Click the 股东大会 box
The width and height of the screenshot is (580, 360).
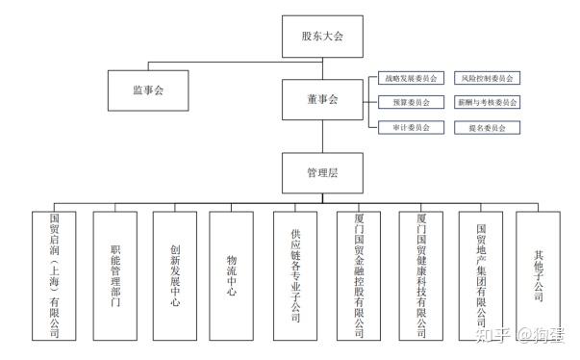click(x=322, y=37)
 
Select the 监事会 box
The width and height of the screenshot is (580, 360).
click(x=148, y=90)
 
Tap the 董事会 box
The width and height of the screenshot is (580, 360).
click(x=322, y=99)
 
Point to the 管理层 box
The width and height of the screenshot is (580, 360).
click(x=322, y=173)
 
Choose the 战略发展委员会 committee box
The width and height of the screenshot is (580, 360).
click(x=411, y=78)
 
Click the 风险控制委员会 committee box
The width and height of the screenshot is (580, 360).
click(x=487, y=78)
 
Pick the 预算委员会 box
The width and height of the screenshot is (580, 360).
click(x=411, y=102)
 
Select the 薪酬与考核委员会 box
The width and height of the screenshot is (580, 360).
click(x=487, y=102)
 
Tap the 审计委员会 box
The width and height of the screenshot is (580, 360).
click(x=411, y=128)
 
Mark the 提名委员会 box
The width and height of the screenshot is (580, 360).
click(x=487, y=128)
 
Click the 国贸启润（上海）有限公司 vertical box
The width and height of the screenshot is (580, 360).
click(x=54, y=275)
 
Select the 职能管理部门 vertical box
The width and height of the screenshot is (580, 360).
click(x=115, y=275)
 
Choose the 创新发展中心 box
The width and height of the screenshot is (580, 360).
click(x=175, y=275)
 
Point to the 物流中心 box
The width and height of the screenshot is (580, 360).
click(x=231, y=275)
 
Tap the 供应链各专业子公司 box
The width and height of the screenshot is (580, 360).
click(x=295, y=275)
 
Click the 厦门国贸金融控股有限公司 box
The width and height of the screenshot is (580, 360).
click(x=359, y=275)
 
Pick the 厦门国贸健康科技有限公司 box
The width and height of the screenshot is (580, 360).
click(x=421, y=275)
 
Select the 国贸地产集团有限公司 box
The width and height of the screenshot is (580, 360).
click(x=481, y=275)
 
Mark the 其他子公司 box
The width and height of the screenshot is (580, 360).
click(x=539, y=275)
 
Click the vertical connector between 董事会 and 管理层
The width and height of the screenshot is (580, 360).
click(x=322, y=136)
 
